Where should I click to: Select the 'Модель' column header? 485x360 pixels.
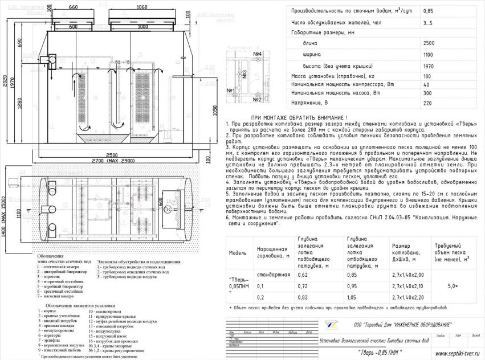tap(238, 252)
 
